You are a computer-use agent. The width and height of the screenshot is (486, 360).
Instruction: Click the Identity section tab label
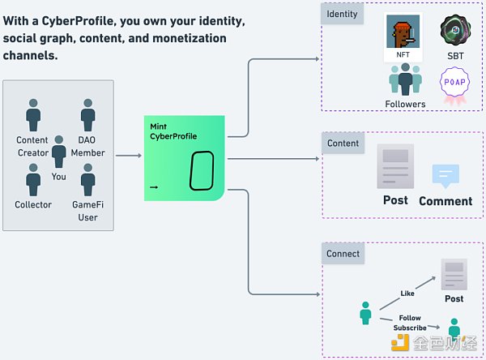(x=343, y=15)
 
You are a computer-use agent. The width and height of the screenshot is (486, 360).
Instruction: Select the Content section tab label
(x=343, y=144)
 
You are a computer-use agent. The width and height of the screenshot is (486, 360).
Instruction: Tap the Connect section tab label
(x=343, y=253)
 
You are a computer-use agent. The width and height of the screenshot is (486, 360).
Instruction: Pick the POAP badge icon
(x=453, y=84)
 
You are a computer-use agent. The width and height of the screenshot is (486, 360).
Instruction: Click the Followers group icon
(x=405, y=80)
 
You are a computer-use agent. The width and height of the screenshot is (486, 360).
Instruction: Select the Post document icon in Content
(x=395, y=166)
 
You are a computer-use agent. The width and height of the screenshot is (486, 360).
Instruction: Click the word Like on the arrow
(x=408, y=293)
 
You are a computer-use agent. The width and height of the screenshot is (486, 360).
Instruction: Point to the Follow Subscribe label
(x=410, y=323)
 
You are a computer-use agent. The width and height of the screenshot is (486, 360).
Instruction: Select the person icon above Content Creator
(x=33, y=115)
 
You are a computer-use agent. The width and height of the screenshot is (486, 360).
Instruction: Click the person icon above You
(x=59, y=152)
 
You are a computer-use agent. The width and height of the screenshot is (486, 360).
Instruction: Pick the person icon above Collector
(x=33, y=179)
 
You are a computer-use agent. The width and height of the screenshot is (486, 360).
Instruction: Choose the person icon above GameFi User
(x=87, y=179)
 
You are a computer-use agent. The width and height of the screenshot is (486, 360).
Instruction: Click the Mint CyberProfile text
(x=173, y=131)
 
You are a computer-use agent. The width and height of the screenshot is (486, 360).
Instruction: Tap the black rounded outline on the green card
(x=201, y=171)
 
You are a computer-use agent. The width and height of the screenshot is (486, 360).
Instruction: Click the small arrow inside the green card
(x=155, y=188)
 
